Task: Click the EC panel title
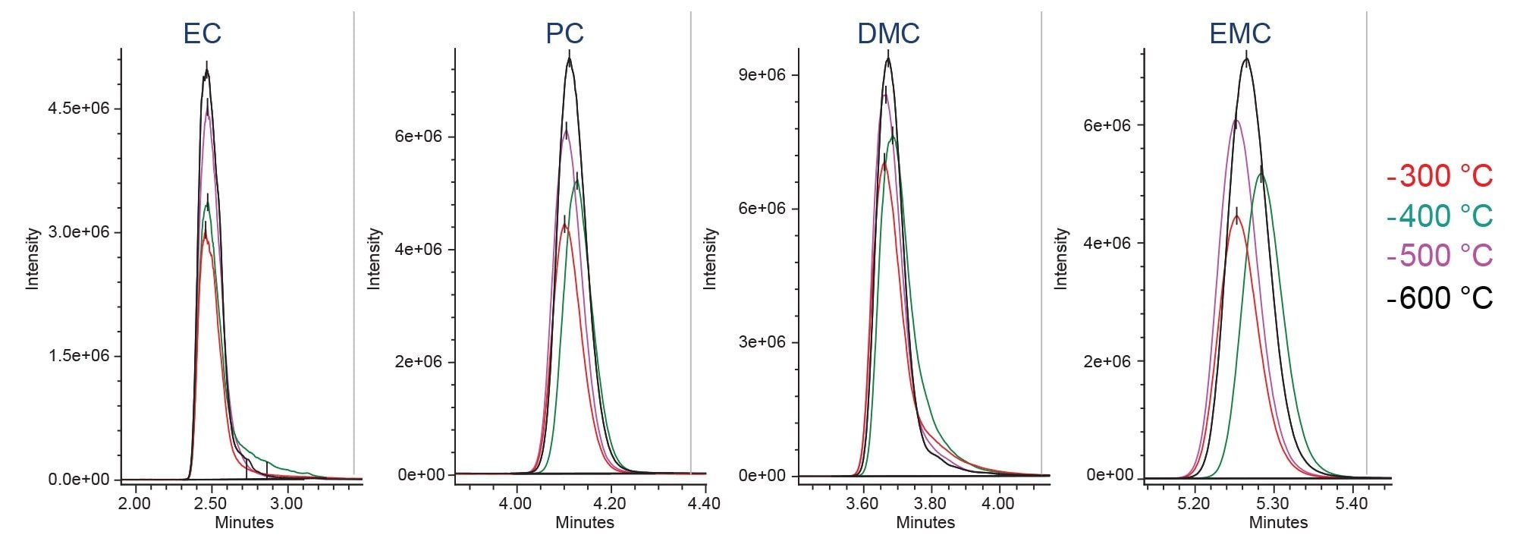click(x=202, y=33)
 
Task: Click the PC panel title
click(x=564, y=33)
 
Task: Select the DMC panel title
click(x=888, y=33)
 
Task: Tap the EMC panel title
click(x=1240, y=33)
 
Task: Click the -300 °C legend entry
click(x=1439, y=176)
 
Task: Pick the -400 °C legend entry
click(x=1439, y=216)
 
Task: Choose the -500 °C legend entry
click(x=1439, y=256)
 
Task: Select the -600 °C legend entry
click(x=1439, y=298)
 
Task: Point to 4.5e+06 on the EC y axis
click(x=78, y=109)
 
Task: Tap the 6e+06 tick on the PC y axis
click(x=419, y=137)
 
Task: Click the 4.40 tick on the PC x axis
click(x=705, y=503)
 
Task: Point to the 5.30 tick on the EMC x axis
click(x=1273, y=503)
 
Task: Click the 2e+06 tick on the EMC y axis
click(x=1107, y=361)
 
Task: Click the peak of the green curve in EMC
click(x=1261, y=174)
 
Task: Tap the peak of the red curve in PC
click(x=564, y=225)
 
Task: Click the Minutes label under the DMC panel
click(x=925, y=523)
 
